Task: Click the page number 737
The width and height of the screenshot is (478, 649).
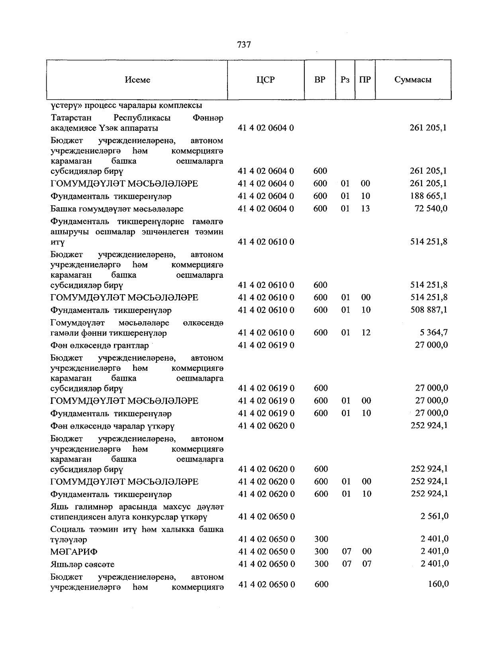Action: (x=244, y=45)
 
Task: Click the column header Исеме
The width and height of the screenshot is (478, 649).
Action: (x=137, y=80)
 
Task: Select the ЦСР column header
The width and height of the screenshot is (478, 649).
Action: (x=266, y=80)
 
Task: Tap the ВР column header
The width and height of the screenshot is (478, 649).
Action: (x=320, y=80)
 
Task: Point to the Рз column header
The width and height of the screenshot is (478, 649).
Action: (x=345, y=80)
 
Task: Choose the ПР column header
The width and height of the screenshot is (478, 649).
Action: (x=365, y=80)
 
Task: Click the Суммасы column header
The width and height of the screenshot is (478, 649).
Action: (x=413, y=80)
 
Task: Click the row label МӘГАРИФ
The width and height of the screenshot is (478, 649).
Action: (x=74, y=552)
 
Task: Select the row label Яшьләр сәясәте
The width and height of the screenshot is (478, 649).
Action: (x=82, y=564)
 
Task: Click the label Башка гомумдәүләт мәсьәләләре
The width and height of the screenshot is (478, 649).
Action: (x=117, y=209)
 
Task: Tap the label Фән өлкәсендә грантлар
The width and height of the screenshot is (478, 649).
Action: (x=100, y=346)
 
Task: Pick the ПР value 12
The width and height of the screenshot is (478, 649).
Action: (x=366, y=332)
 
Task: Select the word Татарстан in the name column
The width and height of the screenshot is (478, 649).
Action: (x=71, y=118)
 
